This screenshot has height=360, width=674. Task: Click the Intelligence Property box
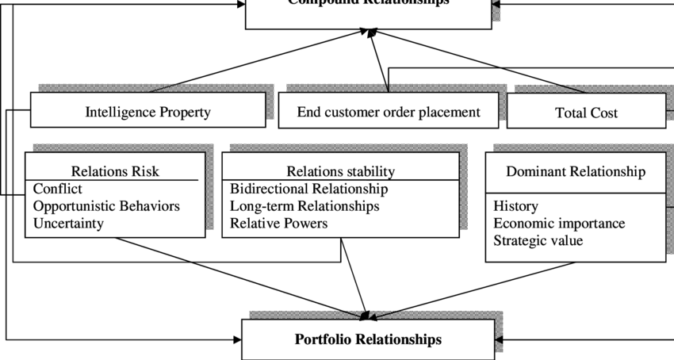148,112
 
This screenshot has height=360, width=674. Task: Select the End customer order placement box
389,112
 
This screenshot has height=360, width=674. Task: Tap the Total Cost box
586,113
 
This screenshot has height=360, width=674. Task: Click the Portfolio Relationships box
368,339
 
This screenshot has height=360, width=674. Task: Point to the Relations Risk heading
115,170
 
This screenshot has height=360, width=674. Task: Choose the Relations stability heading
340,170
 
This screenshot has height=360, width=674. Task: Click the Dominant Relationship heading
576,171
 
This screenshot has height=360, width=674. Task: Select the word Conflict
58,189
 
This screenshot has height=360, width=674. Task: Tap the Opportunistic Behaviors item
106,206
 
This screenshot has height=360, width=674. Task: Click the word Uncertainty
68,223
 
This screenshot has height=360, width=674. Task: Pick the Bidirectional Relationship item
308,189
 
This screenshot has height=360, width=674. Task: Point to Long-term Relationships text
304,206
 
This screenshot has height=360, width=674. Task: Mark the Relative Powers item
278,223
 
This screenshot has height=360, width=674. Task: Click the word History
515,206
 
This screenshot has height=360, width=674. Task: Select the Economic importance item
559,223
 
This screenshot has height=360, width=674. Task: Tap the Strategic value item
538,239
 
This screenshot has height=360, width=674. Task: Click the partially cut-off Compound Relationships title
368,3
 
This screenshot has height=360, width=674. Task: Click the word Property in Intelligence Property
185,112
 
